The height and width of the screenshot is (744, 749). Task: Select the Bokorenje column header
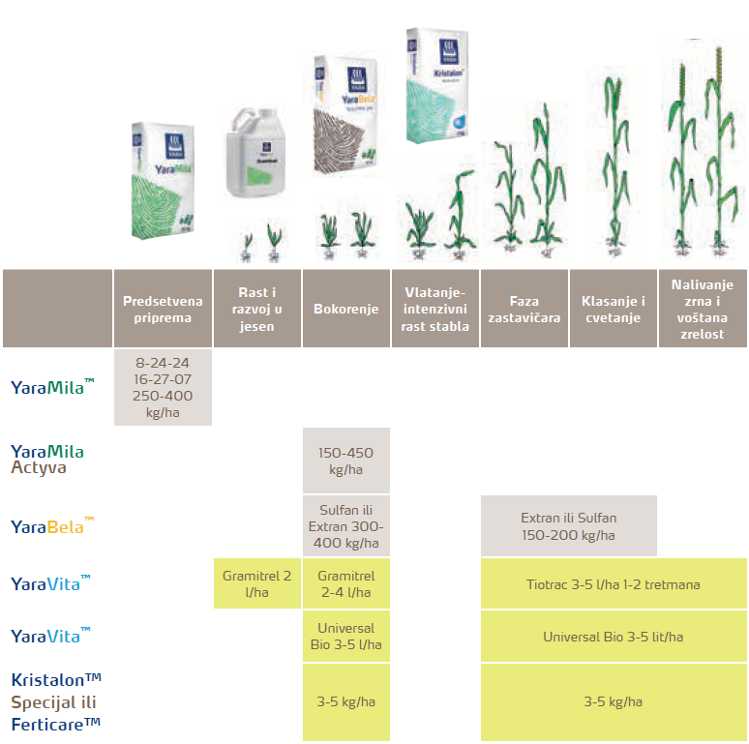pos(346,309)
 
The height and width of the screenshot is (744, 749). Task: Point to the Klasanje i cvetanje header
pos(613,309)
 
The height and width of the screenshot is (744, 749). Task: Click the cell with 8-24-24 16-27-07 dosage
pos(163,388)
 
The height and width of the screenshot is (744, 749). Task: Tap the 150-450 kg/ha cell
pos(346,461)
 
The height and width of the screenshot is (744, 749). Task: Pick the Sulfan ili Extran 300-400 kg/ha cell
pos(346,526)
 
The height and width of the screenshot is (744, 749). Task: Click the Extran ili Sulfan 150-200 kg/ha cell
pos(569,526)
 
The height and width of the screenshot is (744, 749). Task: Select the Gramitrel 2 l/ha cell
pos(256,583)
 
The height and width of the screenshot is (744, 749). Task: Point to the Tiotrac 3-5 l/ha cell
pos(614,584)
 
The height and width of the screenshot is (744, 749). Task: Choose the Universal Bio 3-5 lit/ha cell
pos(614,637)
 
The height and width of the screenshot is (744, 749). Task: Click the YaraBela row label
pos(52,527)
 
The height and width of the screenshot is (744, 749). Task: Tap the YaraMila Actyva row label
pos(47,459)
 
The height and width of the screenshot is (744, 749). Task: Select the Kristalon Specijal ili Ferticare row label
pos(56,701)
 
